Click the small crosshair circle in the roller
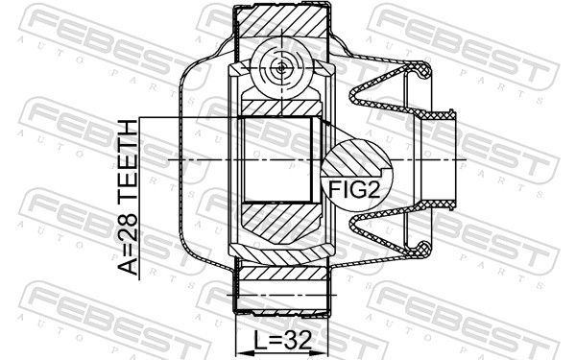(279, 67)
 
